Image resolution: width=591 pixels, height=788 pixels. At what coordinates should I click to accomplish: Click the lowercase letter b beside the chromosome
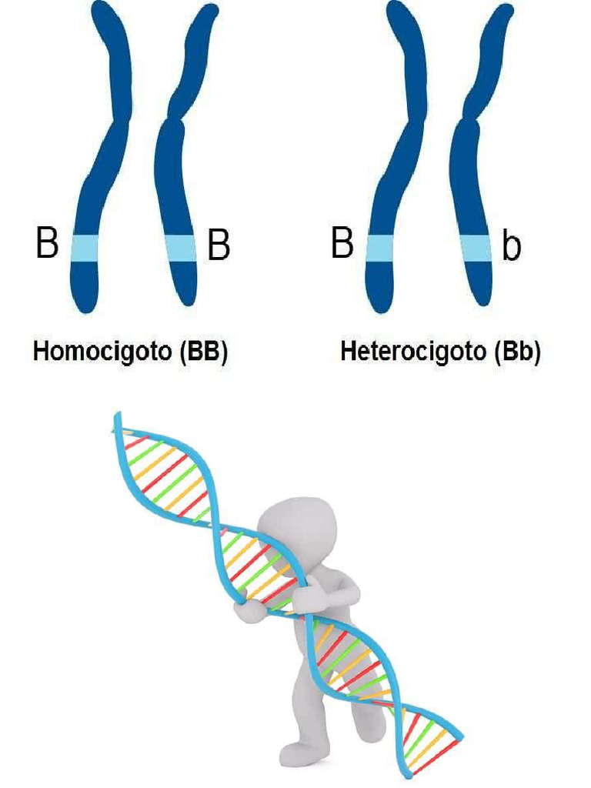point(511,248)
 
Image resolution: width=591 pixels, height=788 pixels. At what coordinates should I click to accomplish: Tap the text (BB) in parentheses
point(203,352)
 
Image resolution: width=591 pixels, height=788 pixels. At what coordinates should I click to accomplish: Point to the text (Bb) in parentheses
point(516,352)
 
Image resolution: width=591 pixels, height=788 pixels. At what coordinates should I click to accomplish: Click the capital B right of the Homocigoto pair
point(219,246)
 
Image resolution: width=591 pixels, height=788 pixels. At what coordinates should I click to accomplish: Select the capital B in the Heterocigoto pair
point(342,243)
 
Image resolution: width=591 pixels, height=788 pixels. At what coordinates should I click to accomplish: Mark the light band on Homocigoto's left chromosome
point(85,248)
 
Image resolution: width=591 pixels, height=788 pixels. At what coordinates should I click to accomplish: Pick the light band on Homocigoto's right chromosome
point(182,248)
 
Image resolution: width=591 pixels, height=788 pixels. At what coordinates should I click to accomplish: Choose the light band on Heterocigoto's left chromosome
point(379,248)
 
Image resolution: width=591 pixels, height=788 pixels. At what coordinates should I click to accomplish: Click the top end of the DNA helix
point(119,419)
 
